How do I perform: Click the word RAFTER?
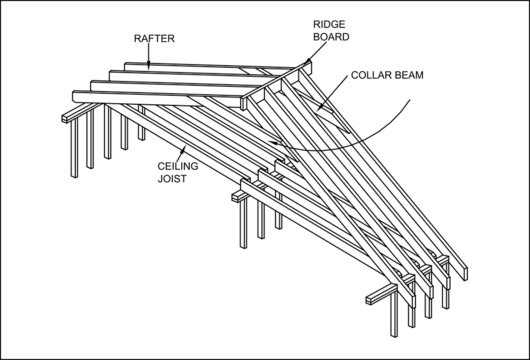point(153,38)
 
